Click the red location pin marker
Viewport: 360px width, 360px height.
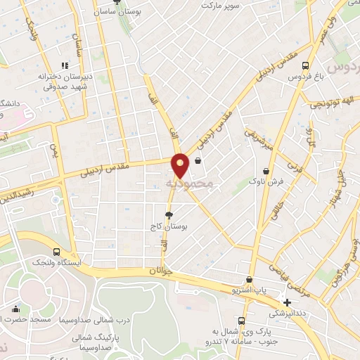[x=181, y=164]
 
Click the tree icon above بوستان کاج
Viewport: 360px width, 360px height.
[x=168, y=214]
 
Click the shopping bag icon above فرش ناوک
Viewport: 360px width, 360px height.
[x=266, y=171]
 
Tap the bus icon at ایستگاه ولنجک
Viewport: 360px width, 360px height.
[x=56, y=251]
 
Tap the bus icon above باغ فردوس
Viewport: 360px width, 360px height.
[x=304, y=65]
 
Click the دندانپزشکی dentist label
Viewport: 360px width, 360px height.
[x=288, y=312]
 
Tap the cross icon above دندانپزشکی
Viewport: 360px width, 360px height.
[x=287, y=302]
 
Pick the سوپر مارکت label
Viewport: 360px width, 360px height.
[x=220, y=5]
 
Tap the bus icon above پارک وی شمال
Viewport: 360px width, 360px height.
[x=241, y=320]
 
